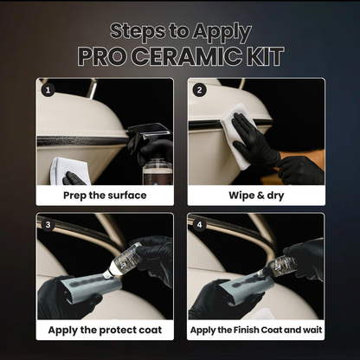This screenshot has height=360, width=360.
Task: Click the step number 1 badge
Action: (x=48, y=88)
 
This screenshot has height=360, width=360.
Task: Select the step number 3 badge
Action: (x=48, y=223)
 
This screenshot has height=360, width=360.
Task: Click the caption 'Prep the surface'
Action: (x=105, y=195)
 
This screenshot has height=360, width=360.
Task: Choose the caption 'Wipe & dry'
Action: (x=255, y=195)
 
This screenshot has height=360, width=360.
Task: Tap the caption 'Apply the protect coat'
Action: (x=105, y=330)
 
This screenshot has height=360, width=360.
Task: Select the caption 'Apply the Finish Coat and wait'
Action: (x=255, y=330)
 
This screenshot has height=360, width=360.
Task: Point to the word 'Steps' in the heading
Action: (x=139, y=30)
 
